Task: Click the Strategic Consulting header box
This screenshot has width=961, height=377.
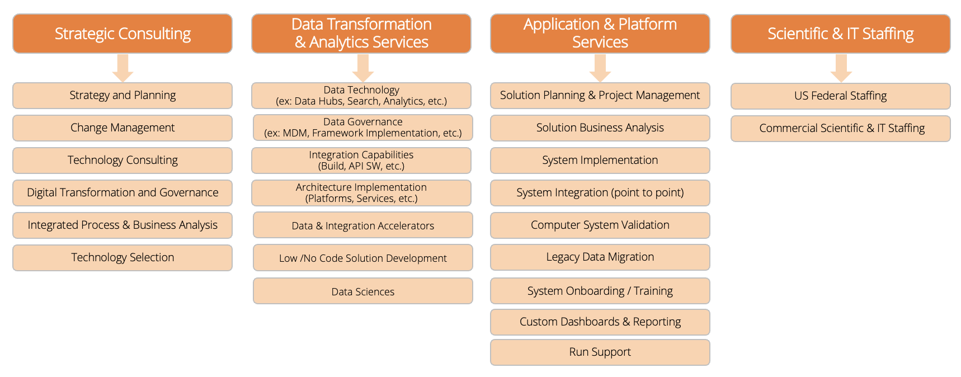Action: point(123,34)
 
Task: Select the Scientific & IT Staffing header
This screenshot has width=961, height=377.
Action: point(840,34)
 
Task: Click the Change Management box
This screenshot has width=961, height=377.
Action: point(123,128)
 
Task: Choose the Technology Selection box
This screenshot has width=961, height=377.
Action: point(123,258)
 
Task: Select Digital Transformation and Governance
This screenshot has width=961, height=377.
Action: point(123,193)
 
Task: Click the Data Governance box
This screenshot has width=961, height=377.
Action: point(362,128)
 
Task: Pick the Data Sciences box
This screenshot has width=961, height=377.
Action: point(362,291)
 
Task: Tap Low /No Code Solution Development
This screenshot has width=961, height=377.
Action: point(362,258)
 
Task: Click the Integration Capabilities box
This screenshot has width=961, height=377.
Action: point(361,161)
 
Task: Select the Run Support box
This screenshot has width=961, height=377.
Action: point(600,352)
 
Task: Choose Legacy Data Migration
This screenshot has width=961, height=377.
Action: point(600,257)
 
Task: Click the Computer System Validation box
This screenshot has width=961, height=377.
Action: point(600,225)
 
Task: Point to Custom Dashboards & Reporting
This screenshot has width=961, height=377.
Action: point(600,322)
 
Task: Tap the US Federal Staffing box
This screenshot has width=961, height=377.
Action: point(840,96)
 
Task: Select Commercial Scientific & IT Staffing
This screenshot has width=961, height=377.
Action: point(840,129)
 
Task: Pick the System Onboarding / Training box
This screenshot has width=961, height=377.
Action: point(600,291)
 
